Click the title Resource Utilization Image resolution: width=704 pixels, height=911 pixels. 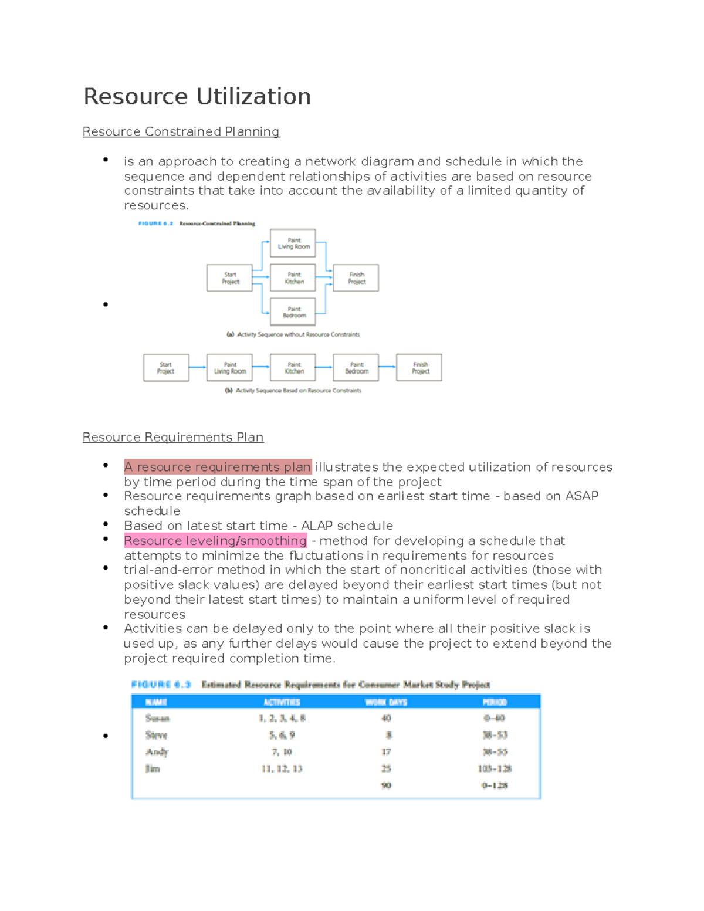(x=197, y=97)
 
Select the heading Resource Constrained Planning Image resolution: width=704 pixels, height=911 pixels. (x=181, y=131)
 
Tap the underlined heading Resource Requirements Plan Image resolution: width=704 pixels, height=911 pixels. (x=173, y=437)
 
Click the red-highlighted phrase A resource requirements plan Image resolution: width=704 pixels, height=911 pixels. (x=218, y=467)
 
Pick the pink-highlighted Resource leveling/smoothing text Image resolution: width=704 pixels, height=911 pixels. (x=215, y=540)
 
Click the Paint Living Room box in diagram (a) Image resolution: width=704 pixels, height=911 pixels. (x=293, y=243)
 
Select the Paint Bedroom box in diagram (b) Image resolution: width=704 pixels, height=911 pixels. (x=356, y=368)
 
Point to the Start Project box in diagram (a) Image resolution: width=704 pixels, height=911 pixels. (x=229, y=278)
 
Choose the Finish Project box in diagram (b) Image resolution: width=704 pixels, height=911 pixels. (x=419, y=368)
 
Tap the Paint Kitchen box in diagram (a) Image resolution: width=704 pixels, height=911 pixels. (x=293, y=278)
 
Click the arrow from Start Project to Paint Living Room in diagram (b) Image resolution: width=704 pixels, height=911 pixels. (x=198, y=367)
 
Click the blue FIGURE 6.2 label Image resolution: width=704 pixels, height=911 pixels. (x=155, y=223)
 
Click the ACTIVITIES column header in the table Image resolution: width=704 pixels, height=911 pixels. (x=282, y=702)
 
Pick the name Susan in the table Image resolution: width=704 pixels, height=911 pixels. (x=157, y=719)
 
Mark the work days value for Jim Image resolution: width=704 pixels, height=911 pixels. (x=386, y=768)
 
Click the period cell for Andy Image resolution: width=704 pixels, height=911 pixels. (x=495, y=752)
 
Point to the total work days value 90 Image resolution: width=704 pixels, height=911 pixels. (x=386, y=785)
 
